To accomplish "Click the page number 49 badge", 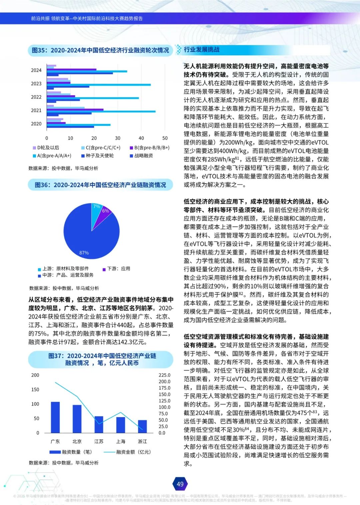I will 180,484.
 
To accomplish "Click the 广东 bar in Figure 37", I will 55,417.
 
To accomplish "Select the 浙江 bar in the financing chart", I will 142,426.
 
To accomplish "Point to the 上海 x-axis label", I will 121,441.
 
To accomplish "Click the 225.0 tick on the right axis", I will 164,375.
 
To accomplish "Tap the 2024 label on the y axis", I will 36,70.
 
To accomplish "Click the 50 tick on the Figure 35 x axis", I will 165,138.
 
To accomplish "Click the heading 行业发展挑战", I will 202,50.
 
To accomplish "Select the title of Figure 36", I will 100,185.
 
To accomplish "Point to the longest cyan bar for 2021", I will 101,111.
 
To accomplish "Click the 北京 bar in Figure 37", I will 77,419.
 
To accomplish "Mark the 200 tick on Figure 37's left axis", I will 35,375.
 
